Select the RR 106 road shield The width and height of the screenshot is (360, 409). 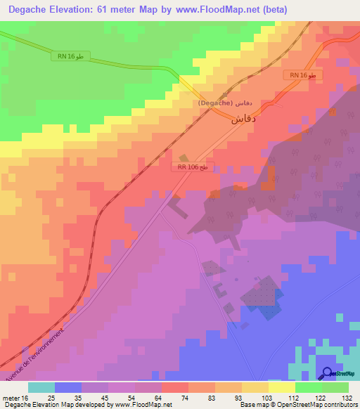tap(192, 167)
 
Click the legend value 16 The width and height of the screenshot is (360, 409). tap(25, 397)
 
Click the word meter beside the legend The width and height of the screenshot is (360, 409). tap(11, 397)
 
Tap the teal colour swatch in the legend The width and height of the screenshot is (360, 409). tap(41, 387)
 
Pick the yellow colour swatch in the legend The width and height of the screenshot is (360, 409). tap(281, 387)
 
